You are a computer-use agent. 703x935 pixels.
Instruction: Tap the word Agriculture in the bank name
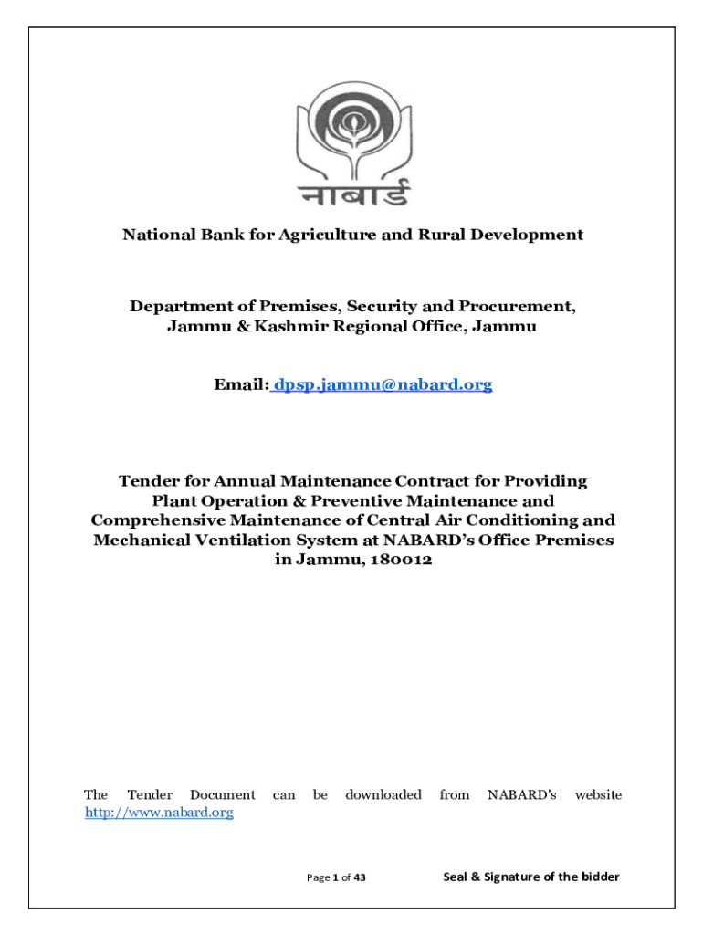pyautogui.click(x=339, y=236)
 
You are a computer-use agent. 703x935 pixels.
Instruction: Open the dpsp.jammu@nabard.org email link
pyautogui.click(x=383, y=385)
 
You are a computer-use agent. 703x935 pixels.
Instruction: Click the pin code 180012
pyautogui.click(x=401, y=561)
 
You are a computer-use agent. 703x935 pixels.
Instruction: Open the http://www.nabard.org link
pyautogui.click(x=159, y=813)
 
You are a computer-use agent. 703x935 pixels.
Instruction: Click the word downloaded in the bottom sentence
pyautogui.click(x=383, y=795)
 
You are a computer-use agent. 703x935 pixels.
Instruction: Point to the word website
pyautogui.click(x=598, y=795)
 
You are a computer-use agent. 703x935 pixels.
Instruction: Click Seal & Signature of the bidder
pyautogui.click(x=531, y=877)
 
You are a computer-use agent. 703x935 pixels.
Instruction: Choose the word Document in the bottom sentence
pyautogui.click(x=223, y=795)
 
